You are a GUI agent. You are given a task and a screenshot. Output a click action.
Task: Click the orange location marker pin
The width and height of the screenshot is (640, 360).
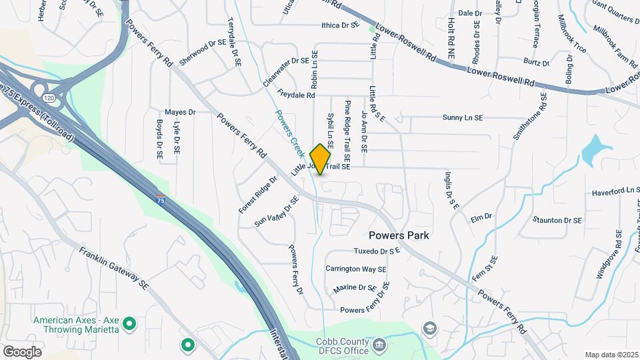pos(321,159)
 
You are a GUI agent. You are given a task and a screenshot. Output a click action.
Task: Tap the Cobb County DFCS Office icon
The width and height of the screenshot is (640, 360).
pos(379,345)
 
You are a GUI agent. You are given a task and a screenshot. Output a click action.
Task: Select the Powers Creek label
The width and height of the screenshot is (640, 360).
pos(289,128)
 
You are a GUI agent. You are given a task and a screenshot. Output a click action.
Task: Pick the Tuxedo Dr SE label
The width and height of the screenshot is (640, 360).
pos(377,251)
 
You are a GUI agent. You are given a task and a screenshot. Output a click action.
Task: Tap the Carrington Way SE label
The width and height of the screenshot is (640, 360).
pos(356,269)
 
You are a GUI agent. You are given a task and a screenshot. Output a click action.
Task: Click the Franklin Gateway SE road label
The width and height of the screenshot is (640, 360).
pos(113,269)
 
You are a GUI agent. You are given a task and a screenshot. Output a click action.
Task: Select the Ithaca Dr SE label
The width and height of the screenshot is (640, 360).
pos(340,26)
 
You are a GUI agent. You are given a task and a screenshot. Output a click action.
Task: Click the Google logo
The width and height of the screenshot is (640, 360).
pos(22,351)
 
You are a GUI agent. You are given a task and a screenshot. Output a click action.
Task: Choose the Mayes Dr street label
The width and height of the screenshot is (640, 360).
pos(181,113)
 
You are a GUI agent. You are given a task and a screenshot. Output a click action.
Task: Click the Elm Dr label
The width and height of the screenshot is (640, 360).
pos(481,217)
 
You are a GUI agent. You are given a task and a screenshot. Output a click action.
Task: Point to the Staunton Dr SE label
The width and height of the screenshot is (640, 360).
pos(557,220)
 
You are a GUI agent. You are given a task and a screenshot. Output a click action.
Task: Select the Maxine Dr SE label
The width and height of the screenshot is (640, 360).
pos(355,288)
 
